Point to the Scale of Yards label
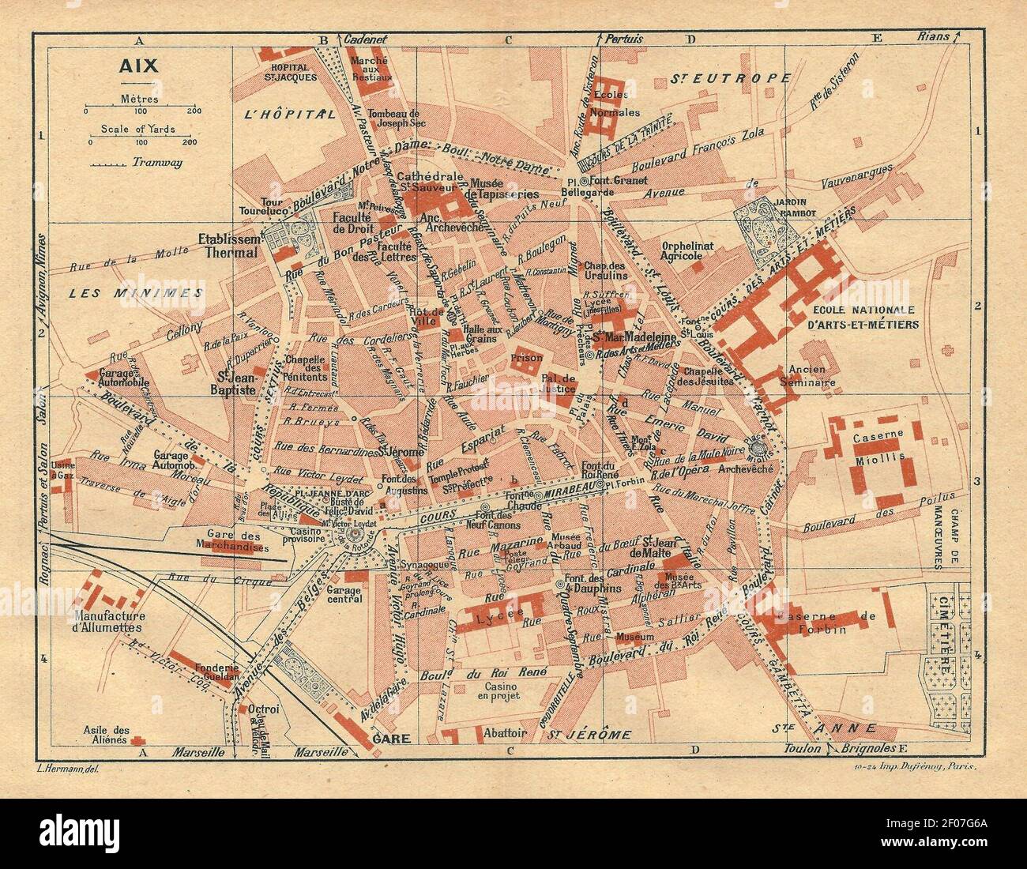coord(138,129)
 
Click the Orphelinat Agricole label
coord(687,250)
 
